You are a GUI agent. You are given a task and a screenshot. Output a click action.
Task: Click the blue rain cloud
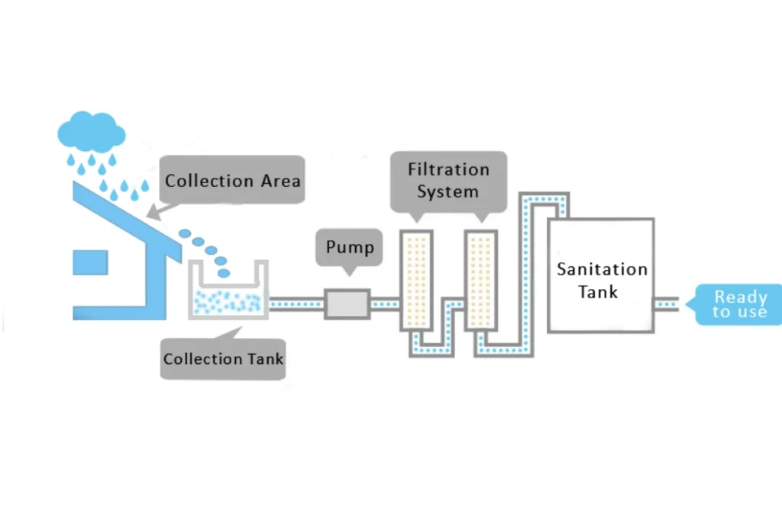coord(91,132)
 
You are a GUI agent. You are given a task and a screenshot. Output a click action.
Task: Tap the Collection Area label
coord(233,180)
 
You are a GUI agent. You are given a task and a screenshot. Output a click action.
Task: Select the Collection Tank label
coord(223,359)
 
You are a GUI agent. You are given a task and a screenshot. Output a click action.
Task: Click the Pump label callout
coord(350,248)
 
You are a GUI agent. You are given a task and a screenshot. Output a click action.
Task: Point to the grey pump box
coord(347,304)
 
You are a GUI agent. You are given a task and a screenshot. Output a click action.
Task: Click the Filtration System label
coord(448,181)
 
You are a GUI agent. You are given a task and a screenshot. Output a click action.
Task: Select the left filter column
coord(416,280)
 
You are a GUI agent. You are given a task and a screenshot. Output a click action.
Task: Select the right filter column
coord(481,280)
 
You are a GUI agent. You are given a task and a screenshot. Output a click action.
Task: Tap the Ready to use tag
coord(737,304)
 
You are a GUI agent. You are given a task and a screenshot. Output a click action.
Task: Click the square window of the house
coord(90,262)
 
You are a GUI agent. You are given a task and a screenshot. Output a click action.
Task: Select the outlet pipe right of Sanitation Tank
coord(667,304)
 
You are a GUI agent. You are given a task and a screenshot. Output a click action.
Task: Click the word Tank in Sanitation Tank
coord(598,292)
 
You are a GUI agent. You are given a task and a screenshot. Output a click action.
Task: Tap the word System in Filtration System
coord(448,191)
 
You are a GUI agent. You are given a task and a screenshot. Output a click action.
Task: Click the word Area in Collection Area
coord(279,181)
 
